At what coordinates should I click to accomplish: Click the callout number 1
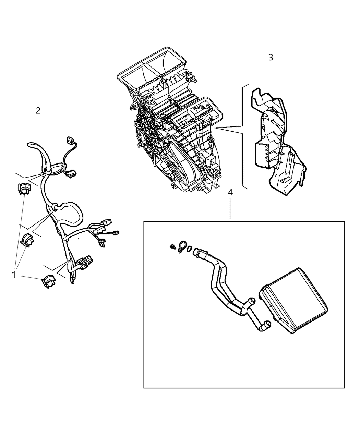pyautogui.click(x=14, y=275)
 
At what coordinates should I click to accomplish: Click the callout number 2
pyautogui.click(x=38, y=110)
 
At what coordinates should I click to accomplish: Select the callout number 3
pyautogui.click(x=271, y=57)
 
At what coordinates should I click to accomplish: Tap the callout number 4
pyautogui.click(x=230, y=193)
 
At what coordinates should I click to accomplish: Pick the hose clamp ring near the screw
pyautogui.click(x=183, y=246)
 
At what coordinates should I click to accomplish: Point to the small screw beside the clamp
pyautogui.click(x=173, y=246)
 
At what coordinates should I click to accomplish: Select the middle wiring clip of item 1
pyautogui.click(x=27, y=240)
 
